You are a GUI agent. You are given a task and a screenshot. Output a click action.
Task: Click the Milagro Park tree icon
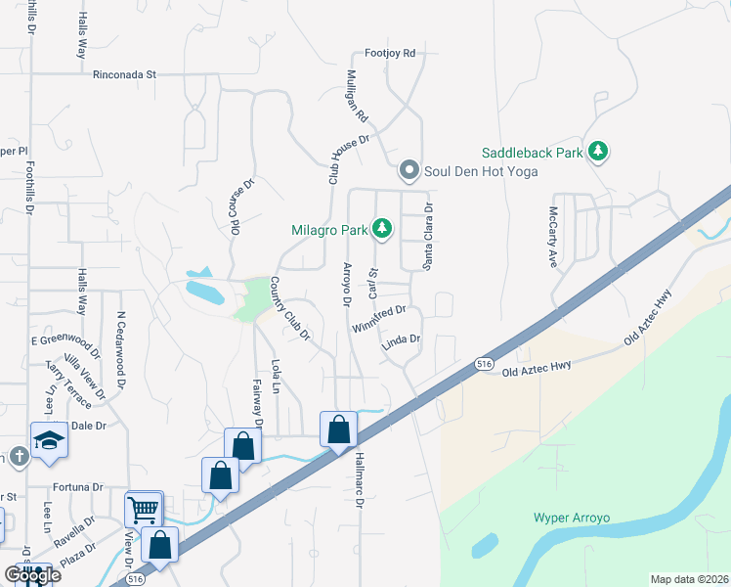point(382,230)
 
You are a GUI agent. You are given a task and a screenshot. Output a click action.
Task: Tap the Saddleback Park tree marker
point(598,153)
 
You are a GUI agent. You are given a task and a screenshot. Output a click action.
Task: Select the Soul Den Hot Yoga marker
point(409,171)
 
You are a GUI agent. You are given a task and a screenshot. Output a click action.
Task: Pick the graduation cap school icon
point(49,439)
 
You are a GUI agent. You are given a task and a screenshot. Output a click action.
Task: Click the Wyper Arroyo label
point(571,517)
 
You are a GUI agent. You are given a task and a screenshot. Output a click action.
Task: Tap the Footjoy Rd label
point(390,53)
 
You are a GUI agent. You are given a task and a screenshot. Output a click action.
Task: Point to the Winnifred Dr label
point(378,318)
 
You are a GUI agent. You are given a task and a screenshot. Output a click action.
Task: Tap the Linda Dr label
point(401,340)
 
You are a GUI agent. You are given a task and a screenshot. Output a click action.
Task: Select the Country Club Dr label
point(289,309)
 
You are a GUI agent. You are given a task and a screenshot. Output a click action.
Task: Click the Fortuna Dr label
point(77,486)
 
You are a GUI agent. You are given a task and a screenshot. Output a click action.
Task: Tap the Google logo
point(31,575)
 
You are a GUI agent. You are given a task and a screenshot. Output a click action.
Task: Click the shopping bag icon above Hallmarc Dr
point(338,429)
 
